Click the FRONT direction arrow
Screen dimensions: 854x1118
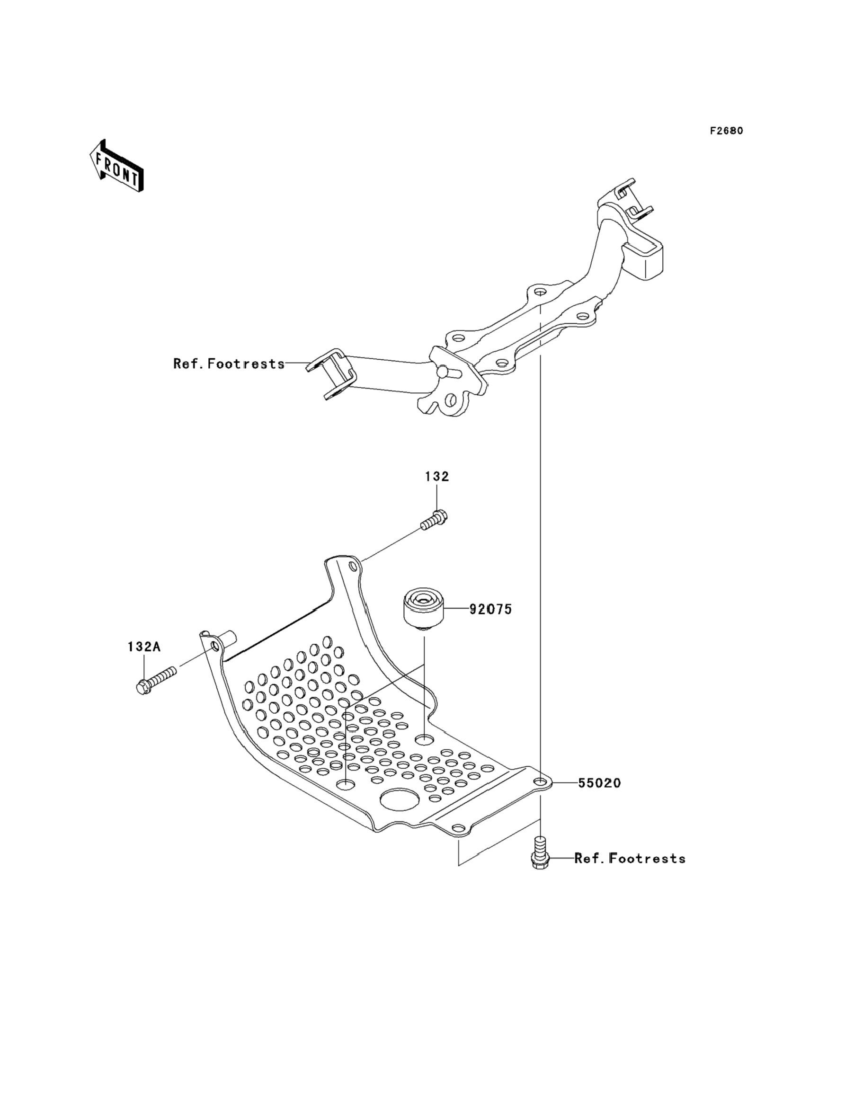pyautogui.click(x=116, y=166)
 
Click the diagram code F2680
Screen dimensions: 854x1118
pyautogui.click(x=726, y=131)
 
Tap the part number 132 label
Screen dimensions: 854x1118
pyautogui.click(x=436, y=476)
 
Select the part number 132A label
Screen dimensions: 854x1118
pyautogui.click(x=144, y=647)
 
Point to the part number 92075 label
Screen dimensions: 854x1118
pyautogui.click(x=490, y=609)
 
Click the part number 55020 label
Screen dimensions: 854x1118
pyautogui.click(x=599, y=783)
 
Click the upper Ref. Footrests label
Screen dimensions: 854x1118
pyautogui.click(x=229, y=364)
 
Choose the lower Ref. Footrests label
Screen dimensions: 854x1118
pyautogui.click(x=630, y=858)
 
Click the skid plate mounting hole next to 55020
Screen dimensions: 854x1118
pyautogui.click(x=540, y=782)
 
